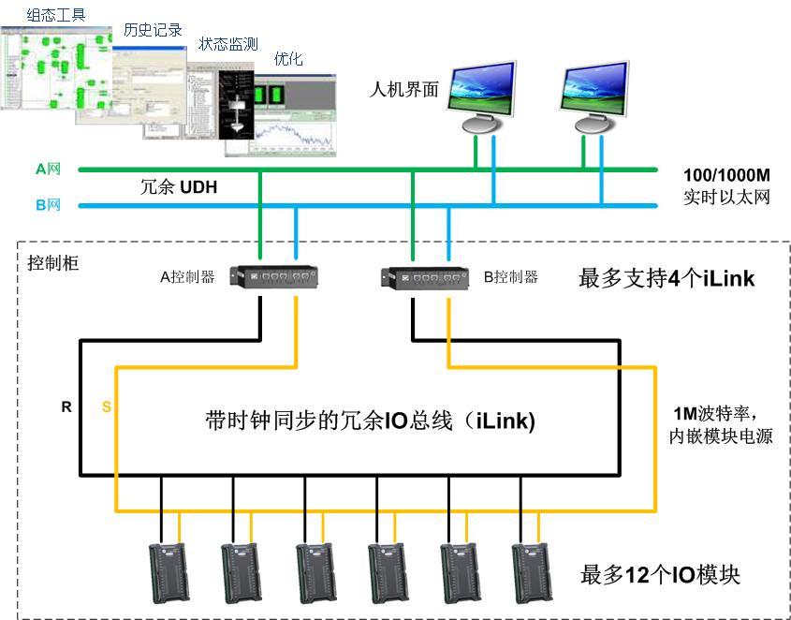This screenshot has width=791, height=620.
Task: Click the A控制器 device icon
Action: click(x=277, y=276)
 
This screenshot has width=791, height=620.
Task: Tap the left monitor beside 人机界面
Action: click(x=483, y=96)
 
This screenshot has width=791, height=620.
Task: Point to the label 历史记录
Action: click(x=153, y=30)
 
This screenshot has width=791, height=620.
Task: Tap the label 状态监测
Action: click(x=228, y=44)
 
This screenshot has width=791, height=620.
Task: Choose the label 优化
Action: click(x=288, y=58)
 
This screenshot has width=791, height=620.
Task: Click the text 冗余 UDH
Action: click(x=179, y=186)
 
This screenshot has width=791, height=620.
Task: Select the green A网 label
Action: click(x=48, y=170)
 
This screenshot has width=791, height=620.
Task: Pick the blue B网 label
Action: click(x=48, y=204)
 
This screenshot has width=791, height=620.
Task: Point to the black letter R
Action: click(x=66, y=407)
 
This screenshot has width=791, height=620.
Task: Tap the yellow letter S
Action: click(x=105, y=407)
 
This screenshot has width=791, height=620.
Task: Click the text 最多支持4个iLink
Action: click(x=666, y=278)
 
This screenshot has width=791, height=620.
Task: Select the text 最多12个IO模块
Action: click(x=660, y=574)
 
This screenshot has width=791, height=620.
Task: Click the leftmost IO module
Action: click(x=169, y=572)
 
